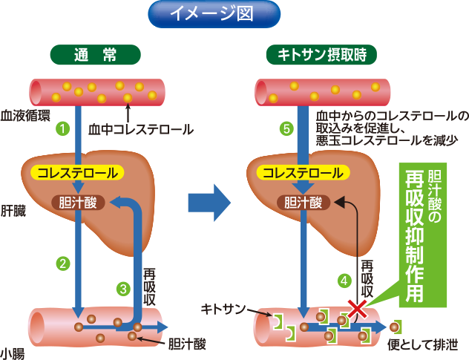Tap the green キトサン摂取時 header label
pos(321,54)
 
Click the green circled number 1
pos(64,128)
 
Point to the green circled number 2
pos(64,262)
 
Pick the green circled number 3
pos(123,288)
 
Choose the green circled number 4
pos(344,281)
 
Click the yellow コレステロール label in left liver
pos(78,173)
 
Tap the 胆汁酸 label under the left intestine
pos(186,344)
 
